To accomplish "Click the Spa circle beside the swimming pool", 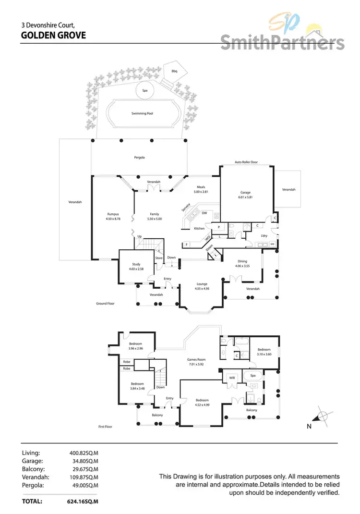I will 144,90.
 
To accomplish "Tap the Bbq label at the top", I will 174,71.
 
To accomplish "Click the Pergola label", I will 139,158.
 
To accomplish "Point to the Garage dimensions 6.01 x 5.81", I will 246,197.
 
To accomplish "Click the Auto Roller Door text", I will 246,162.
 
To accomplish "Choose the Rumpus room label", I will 113,214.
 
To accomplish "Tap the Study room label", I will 136,264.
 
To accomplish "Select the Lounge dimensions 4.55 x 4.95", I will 201,289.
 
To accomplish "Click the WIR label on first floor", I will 231,377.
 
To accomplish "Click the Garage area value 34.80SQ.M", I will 84,461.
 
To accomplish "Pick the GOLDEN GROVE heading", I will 54,35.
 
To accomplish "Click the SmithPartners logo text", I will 282,42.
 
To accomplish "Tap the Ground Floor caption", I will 105,304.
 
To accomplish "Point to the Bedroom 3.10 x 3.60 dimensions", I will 264,354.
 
